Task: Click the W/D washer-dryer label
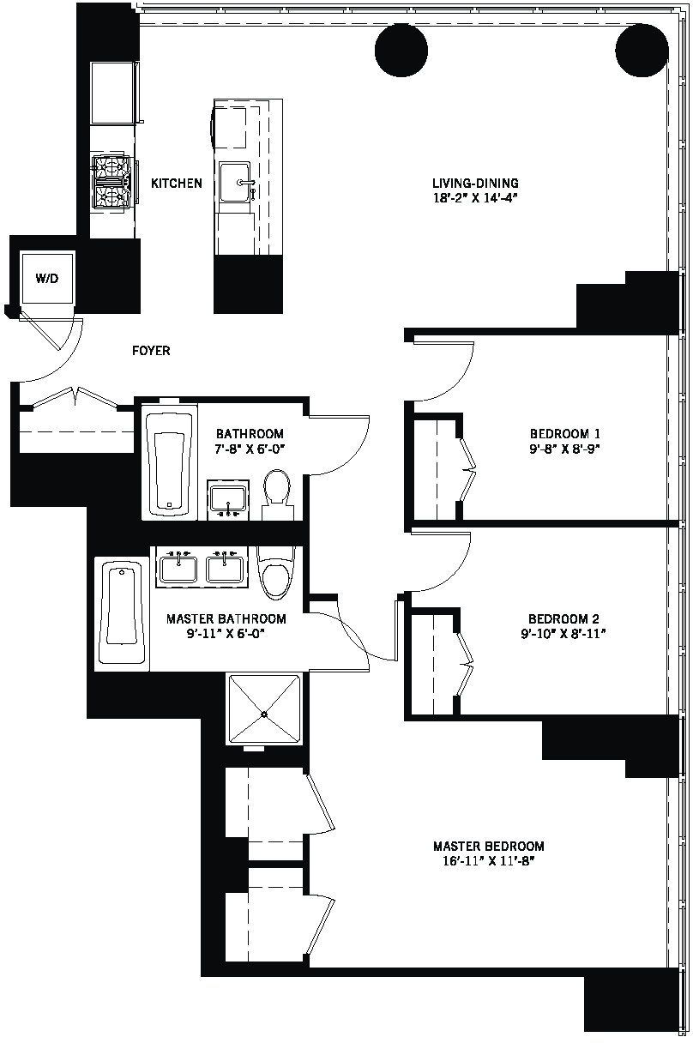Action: (x=47, y=279)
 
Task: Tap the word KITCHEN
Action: (x=177, y=184)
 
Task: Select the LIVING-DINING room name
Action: (x=475, y=183)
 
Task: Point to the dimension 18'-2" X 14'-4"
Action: (x=476, y=197)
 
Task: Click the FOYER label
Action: (x=151, y=351)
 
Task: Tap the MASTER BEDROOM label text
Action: (x=488, y=846)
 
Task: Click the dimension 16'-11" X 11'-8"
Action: (x=488, y=861)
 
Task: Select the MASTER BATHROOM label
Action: (x=226, y=618)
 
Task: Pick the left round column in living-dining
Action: (x=401, y=49)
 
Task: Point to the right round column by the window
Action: (x=642, y=49)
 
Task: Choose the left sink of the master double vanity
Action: (x=178, y=568)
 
